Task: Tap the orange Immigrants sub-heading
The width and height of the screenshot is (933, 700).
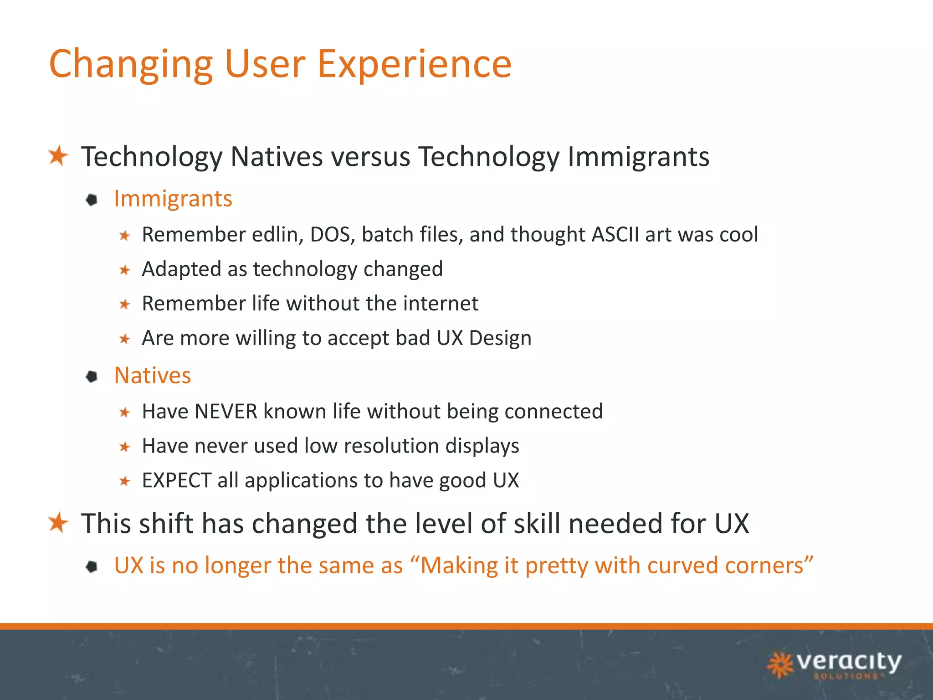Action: [x=173, y=199]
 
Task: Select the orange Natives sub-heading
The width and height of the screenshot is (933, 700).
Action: [x=153, y=376]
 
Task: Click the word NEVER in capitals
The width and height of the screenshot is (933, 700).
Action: [x=226, y=412]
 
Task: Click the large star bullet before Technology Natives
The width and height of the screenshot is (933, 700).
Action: [x=58, y=156]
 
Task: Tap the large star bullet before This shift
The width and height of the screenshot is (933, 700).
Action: [x=58, y=522]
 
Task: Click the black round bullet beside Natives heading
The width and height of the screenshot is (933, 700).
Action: [x=92, y=376]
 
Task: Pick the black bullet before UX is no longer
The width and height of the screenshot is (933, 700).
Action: [x=92, y=566]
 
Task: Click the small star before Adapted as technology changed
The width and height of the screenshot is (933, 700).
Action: [x=125, y=270]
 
